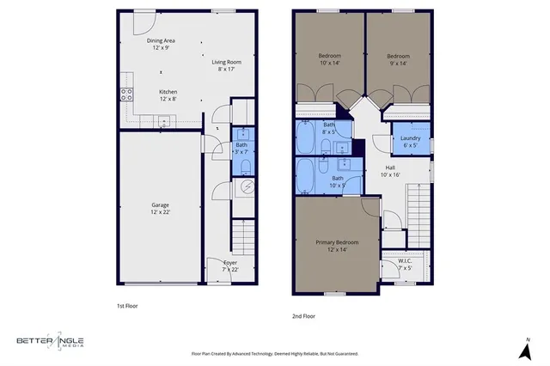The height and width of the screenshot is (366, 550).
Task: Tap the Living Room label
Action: (x=227, y=62)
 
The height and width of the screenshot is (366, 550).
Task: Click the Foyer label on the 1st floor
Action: (x=230, y=262)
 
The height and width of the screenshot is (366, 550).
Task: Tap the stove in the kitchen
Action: (x=126, y=95)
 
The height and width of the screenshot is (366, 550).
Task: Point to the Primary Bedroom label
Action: (x=331, y=242)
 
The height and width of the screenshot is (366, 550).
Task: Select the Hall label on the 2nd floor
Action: (x=390, y=168)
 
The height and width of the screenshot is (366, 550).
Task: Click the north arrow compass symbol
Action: (x=525, y=350)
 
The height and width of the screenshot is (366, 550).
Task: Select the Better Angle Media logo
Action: (x=52, y=341)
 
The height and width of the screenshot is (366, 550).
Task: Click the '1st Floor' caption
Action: (x=127, y=305)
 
